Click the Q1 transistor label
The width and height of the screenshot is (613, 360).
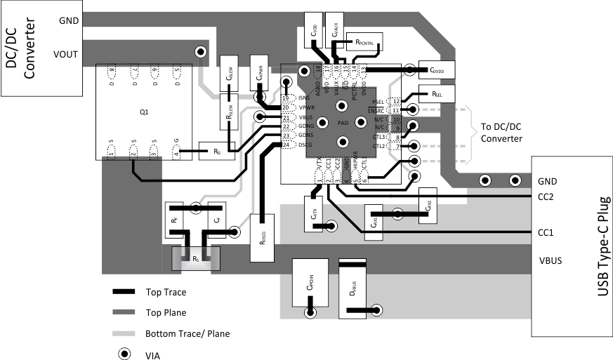(x=144, y=112)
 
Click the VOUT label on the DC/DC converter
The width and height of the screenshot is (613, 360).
(x=65, y=53)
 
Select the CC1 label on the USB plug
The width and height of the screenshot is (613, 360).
(x=546, y=232)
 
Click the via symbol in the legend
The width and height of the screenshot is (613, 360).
(x=124, y=354)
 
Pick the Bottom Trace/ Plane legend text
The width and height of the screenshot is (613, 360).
(x=187, y=334)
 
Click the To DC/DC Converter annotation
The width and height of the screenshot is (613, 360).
(x=501, y=133)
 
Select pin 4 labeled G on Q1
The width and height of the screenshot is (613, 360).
(x=176, y=150)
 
